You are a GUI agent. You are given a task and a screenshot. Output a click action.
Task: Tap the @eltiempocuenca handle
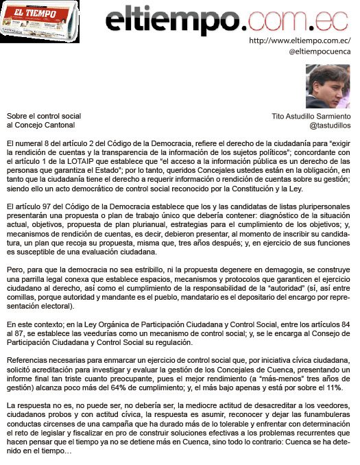(320, 51)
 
